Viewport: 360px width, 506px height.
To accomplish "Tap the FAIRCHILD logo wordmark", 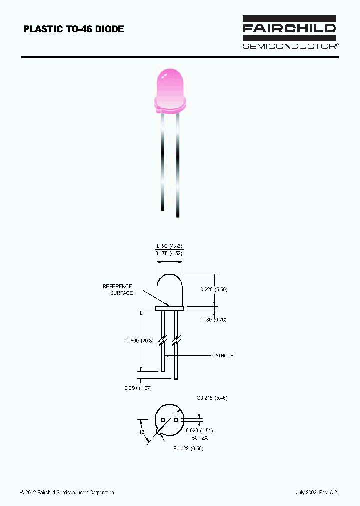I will pyautogui.click(x=289, y=29).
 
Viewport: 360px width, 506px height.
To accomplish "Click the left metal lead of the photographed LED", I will pyautogui.click(x=162, y=160).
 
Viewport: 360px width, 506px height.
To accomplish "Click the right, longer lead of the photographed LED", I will pyautogui.click(x=177, y=165).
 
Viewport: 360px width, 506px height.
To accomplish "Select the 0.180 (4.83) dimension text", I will pyautogui.click(x=169, y=246).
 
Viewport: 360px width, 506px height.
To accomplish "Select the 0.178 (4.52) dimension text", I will pyautogui.click(x=169, y=253).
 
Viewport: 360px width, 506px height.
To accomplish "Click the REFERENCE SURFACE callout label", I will pyautogui.click(x=118, y=290).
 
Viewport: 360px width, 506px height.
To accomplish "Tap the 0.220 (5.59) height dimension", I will pyautogui.click(x=214, y=289).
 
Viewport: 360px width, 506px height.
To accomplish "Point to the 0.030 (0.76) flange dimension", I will pyautogui.click(x=213, y=320).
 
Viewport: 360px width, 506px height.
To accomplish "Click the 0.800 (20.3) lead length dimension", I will pyautogui.click(x=139, y=341).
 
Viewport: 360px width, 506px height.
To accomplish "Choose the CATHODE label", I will pyautogui.click(x=223, y=356).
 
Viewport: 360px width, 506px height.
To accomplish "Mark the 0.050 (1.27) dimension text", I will pyautogui.click(x=138, y=388).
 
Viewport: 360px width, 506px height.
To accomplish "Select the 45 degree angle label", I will pyautogui.click(x=142, y=432).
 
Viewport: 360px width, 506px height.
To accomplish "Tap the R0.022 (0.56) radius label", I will pyautogui.click(x=188, y=448).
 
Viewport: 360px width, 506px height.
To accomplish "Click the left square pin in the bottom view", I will pyautogui.click(x=163, y=420).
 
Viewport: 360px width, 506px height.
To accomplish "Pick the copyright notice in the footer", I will pyautogui.click(x=67, y=493).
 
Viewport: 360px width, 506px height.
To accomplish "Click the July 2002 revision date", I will pyautogui.click(x=317, y=493).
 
